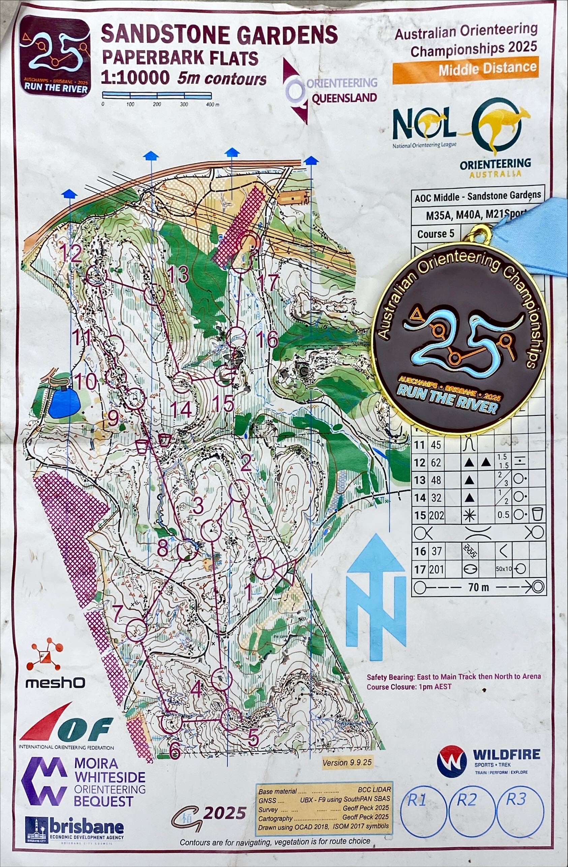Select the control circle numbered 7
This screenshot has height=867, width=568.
136,630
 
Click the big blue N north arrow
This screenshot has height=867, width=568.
376,597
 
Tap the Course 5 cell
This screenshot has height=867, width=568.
436,234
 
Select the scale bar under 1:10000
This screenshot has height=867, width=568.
157,95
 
